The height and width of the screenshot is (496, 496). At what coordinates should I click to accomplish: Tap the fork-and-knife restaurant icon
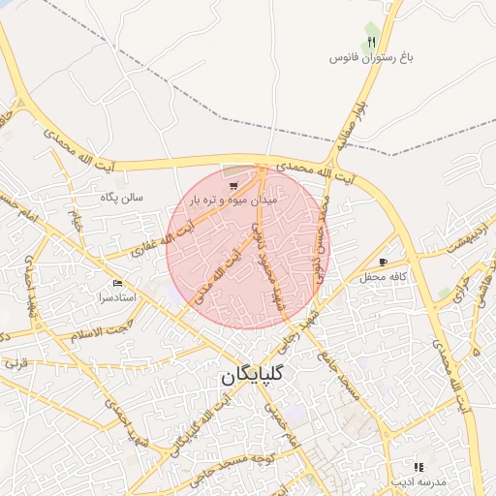[x=371, y=43]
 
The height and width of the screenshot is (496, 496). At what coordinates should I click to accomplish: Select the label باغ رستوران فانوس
[x=371, y=59]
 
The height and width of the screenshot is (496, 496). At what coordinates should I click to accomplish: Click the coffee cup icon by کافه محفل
[x=384, y=262]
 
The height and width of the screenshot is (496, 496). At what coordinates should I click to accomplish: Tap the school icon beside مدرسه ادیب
[x=418, y=467]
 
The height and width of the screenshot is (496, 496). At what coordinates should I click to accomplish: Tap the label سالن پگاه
[x=122, y=197]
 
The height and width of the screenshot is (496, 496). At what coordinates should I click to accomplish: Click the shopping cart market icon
[x=232, y=185]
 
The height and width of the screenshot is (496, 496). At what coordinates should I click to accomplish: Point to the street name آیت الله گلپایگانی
[x=195, y=427]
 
